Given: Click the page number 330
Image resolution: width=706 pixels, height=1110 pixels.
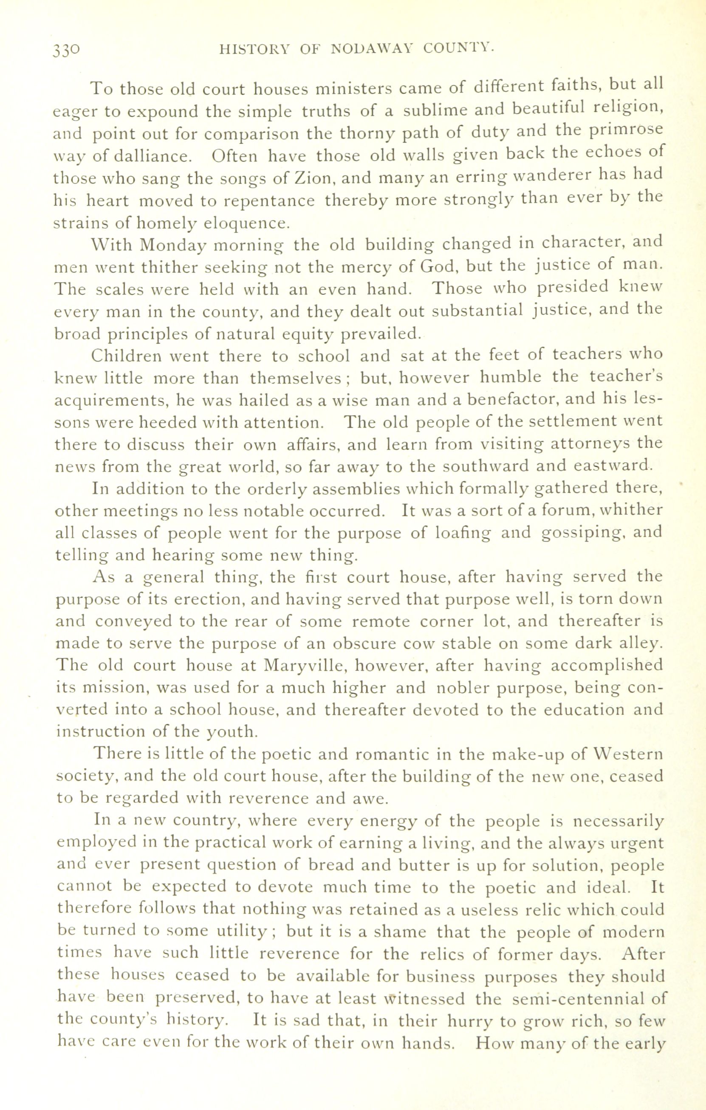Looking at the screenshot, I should pyautogui.click(x=67, y=49).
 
